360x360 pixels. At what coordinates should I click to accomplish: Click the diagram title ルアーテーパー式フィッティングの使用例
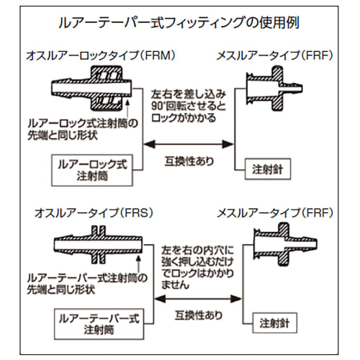pos(179,23)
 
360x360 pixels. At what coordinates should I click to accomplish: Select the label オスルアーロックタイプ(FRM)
pos(101,55)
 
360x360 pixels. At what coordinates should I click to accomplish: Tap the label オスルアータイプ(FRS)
pos(94,213)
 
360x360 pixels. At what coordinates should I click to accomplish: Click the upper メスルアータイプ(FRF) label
pos(274,55)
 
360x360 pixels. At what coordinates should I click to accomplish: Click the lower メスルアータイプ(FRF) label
pos(275,213)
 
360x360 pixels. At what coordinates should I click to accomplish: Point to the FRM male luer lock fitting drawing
pos(91,88)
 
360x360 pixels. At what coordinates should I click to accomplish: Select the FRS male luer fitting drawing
pos(98,245)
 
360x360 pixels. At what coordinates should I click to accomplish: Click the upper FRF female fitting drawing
pos(274,89)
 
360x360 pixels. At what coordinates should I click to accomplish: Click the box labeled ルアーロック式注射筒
pos(92,171)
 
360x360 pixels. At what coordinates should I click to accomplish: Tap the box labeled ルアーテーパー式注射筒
pos(99,324)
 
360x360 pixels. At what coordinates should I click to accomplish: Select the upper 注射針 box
pos(268,169)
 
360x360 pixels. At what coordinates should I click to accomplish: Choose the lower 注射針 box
pos(275,323)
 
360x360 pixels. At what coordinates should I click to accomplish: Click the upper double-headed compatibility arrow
pos(189,144)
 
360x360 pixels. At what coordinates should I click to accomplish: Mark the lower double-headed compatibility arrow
pos(198,299)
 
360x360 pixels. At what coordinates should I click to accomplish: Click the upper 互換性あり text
pos(189,161)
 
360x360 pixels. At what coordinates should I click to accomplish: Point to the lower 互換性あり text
pos(199,315)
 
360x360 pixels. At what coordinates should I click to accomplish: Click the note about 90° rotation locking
pos(189,106)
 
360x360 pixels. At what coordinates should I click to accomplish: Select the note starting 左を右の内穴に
pos(197,267)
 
